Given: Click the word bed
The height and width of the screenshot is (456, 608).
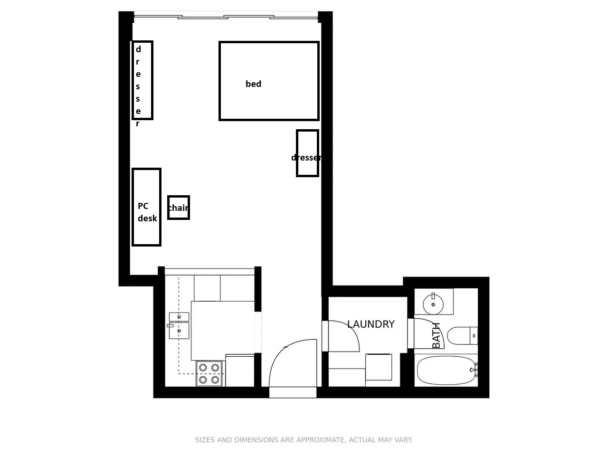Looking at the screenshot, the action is (253, 84).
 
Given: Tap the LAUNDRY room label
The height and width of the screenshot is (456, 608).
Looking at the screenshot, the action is (370, 324).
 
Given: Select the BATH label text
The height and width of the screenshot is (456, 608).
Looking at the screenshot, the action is (436, 335).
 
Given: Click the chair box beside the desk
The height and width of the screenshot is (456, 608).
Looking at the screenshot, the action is (179, 208).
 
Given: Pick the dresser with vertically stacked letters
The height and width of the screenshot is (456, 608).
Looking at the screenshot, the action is (142, 80).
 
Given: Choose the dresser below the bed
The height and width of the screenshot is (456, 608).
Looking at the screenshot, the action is (307, 153).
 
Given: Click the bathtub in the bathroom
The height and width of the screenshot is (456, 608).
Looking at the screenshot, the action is (446, 370).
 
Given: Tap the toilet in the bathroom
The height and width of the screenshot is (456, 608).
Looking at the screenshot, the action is (462, 335).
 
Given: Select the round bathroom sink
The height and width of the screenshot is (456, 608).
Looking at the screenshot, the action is (433, 304).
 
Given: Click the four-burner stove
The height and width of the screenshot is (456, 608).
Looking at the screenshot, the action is (209, 373).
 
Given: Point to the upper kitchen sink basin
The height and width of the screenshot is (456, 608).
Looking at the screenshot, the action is (179, 317).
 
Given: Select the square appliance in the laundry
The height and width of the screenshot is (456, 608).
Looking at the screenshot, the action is (379, 367).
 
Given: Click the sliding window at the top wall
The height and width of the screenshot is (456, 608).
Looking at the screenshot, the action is (226, 17).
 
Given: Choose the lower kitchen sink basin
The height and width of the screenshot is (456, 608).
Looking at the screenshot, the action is (179, 331).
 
